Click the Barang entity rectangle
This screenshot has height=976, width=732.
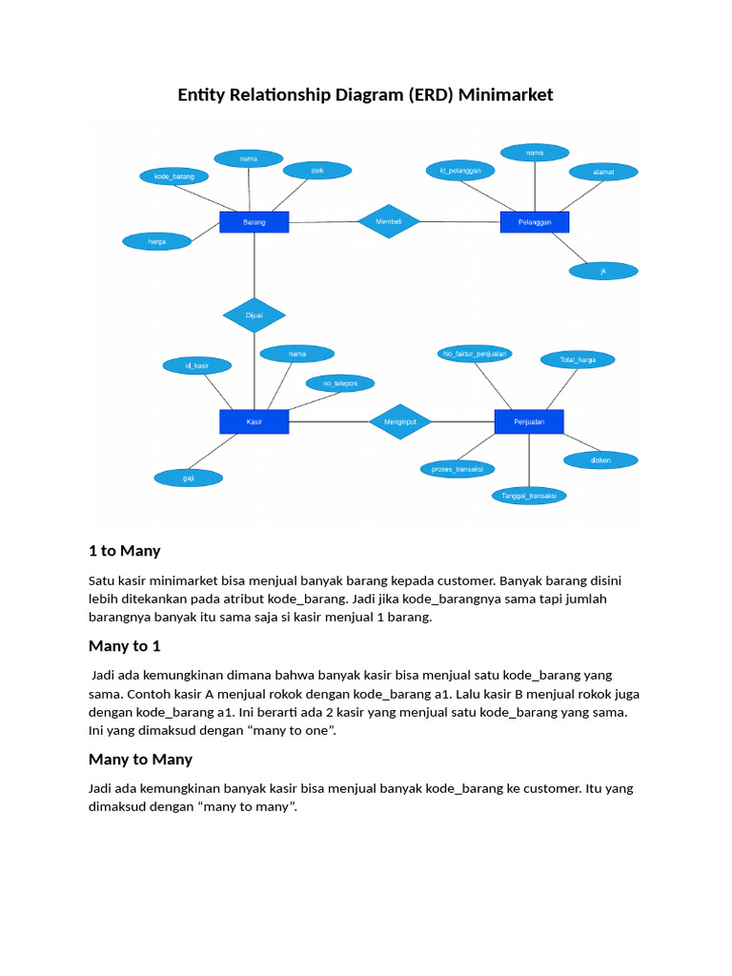pos(254,222)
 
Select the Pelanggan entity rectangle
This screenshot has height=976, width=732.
pos(535,222)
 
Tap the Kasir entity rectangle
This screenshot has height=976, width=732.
pos(254,422)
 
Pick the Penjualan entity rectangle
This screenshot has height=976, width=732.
pos(529,422)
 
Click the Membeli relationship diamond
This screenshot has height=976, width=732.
pos(389,221)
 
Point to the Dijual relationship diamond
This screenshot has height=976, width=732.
pos(254,315)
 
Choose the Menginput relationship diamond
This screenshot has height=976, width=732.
pos(400,422)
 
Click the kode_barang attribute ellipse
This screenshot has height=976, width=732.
pos(173,176)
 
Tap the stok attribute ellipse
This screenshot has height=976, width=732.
pos(317,171)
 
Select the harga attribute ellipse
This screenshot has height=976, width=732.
pos(157,241)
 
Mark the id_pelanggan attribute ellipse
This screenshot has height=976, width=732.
pos(460,171)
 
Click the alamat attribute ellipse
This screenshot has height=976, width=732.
pos(603,172)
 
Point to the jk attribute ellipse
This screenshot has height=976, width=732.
pos(603,272)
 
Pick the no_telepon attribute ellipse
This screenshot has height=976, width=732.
pos(340,383)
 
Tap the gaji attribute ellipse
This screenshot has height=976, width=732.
pos(189,478)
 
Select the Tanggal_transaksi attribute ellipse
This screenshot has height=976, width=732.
pos(529,496)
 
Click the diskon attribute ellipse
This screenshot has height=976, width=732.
pos(600,460)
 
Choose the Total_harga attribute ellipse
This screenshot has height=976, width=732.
pos(578,359)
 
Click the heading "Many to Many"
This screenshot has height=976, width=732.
pos(141,760)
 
